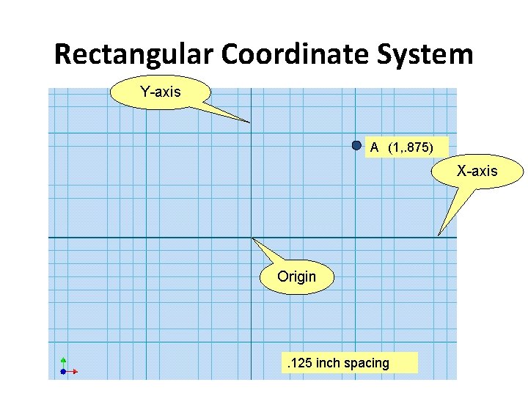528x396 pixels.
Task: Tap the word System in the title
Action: [427, 55]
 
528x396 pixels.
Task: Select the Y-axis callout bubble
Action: [160, 92]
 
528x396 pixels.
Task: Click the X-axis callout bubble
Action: [477, 172]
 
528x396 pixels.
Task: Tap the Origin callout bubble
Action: [296, 277]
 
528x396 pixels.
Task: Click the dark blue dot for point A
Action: [356, 145]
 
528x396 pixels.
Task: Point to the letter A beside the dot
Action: [374, 147]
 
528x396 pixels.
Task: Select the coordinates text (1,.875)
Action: [411, 147]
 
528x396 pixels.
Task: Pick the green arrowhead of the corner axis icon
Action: [63, 359]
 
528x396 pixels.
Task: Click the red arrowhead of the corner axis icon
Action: [75, 372]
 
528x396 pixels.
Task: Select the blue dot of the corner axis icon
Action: [63, 372]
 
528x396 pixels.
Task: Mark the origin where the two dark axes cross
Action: [251, 238]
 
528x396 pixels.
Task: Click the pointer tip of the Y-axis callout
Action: [250, 122]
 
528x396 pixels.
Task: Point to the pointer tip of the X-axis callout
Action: [439, 235]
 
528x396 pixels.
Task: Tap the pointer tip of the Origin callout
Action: [252, 238]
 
